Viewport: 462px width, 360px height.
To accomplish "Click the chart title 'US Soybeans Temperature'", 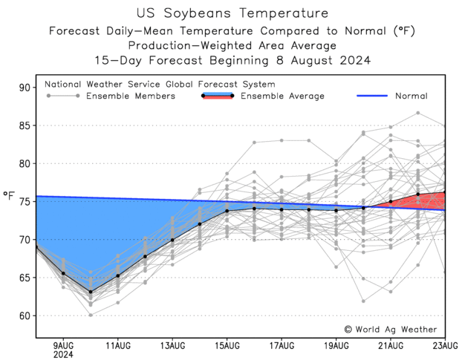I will point(232,13).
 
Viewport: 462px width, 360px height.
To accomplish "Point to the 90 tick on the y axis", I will point(24,88).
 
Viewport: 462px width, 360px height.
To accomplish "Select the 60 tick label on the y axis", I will point(24,315).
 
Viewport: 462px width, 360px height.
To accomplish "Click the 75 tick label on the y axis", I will point(24,202).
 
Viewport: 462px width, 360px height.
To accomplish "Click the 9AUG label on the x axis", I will point(63,345).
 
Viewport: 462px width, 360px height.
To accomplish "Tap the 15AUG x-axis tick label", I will point(227,345).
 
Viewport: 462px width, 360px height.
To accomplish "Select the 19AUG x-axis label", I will point(336,345).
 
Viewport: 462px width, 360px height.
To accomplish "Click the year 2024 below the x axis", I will point(63,355).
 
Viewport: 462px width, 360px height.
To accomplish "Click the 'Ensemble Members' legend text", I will point(131,96).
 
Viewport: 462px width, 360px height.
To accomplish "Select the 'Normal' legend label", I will point(411,96).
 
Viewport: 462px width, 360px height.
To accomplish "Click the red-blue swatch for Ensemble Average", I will point(217,96).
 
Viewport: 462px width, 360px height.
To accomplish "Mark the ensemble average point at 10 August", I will point(91,292).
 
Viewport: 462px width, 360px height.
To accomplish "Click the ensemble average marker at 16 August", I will point(254,209).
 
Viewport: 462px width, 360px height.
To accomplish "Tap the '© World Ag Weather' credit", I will point(390,329).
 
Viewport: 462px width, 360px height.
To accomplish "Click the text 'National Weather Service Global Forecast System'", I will point(160,85).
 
